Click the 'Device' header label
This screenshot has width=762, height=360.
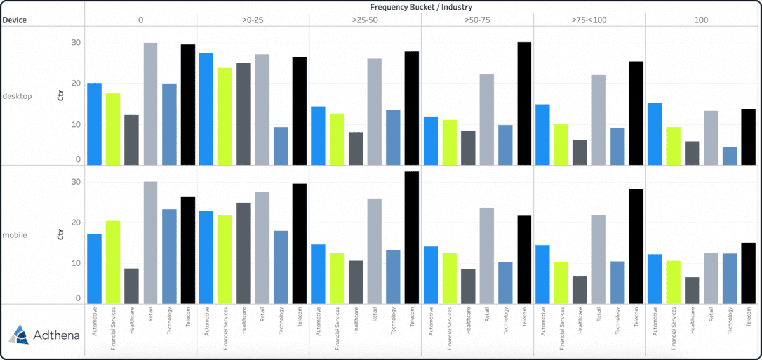tap(15, 20)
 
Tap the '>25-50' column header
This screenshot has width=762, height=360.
tap(364, 20)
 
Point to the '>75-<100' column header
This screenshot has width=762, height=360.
tap(589, 20)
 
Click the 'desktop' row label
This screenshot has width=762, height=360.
tap(17, 97)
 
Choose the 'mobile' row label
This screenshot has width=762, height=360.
tap(15, 235)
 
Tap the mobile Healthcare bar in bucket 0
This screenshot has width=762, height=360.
tap(131, 286)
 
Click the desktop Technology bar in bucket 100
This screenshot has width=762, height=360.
tap(730, 156)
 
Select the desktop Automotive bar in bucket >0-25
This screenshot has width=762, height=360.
tap(206, 109)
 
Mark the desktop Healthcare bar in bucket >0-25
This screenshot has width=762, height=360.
tap(244, 114)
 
